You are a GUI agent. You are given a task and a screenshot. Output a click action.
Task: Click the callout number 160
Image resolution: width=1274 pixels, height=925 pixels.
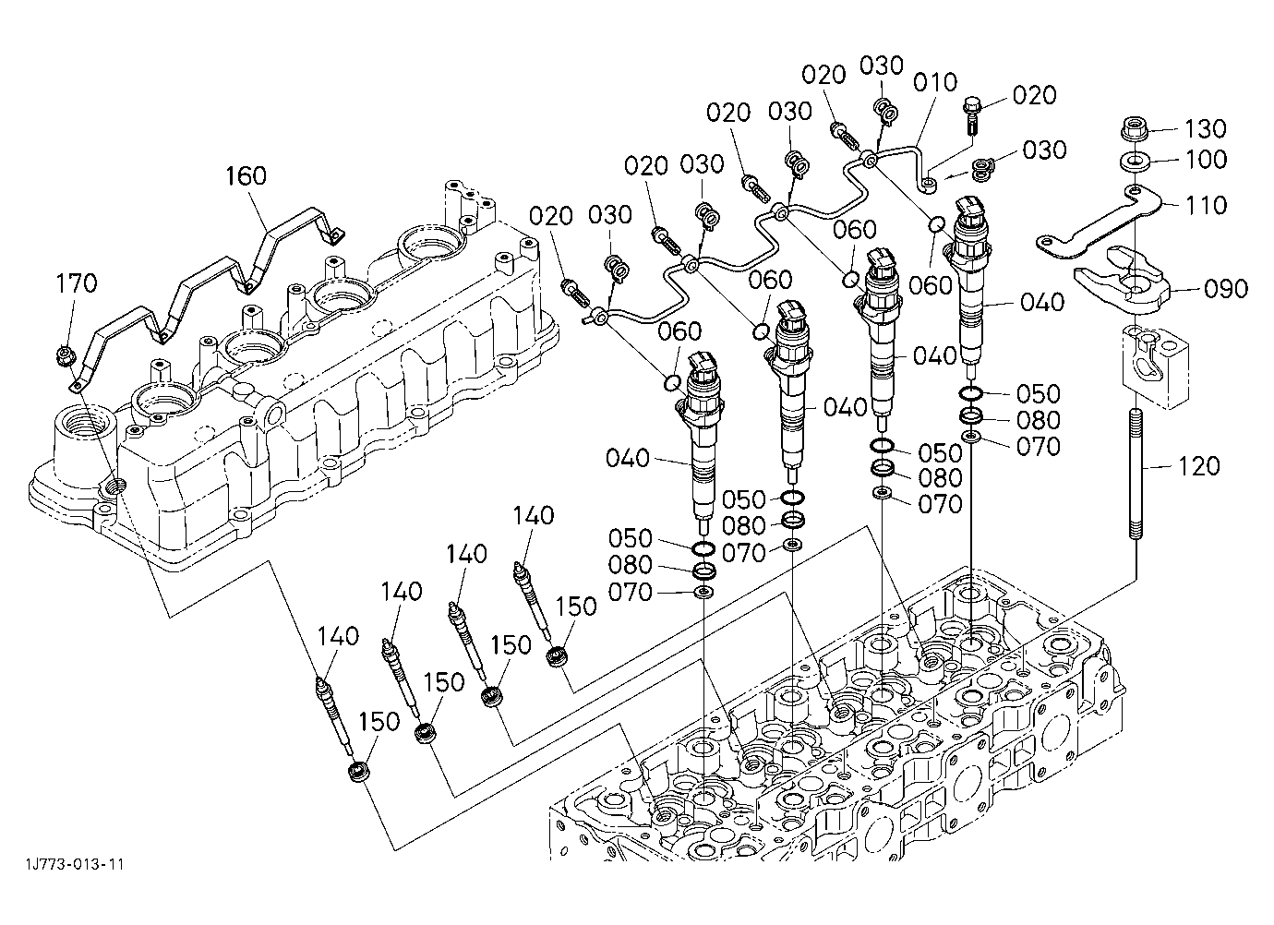coord(246,175)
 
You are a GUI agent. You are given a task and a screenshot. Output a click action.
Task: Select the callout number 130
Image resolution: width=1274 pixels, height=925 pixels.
coord(1205,129)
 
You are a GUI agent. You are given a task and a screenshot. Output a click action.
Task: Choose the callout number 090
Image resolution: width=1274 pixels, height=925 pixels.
coord(1226,289)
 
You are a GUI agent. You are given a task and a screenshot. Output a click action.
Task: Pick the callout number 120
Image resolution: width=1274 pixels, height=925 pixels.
coord(1199,466)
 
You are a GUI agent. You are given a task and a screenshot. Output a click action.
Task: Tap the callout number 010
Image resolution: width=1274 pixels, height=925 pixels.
coord(935,82)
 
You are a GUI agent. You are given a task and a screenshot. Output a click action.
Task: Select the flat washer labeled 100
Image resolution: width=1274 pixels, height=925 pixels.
coord(1136,162)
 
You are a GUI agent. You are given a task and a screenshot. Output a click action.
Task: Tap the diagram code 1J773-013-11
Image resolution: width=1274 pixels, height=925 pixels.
coord(75,865)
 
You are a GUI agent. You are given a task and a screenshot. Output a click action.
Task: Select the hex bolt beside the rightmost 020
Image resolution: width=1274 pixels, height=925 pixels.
coord(971,115)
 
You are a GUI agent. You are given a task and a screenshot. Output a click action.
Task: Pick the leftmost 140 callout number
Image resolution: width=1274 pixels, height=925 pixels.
coord(338,636)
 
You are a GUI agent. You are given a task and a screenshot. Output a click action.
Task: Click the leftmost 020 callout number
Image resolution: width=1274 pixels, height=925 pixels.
coord(550,216)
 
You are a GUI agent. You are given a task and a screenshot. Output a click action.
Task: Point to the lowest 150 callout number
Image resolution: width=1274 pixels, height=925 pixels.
coord(379,722)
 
